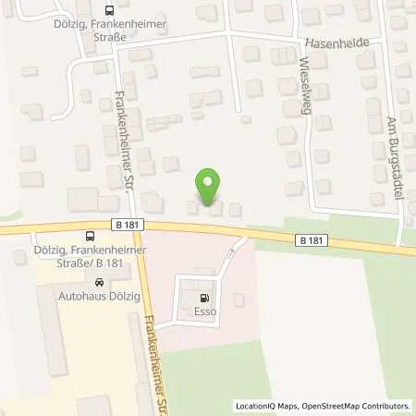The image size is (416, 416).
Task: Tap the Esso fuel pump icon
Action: click(203, 299)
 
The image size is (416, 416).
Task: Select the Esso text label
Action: click(203, 312)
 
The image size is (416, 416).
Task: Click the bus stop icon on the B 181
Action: click(87, 236)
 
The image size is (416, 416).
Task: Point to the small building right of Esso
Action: click(239, 299)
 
